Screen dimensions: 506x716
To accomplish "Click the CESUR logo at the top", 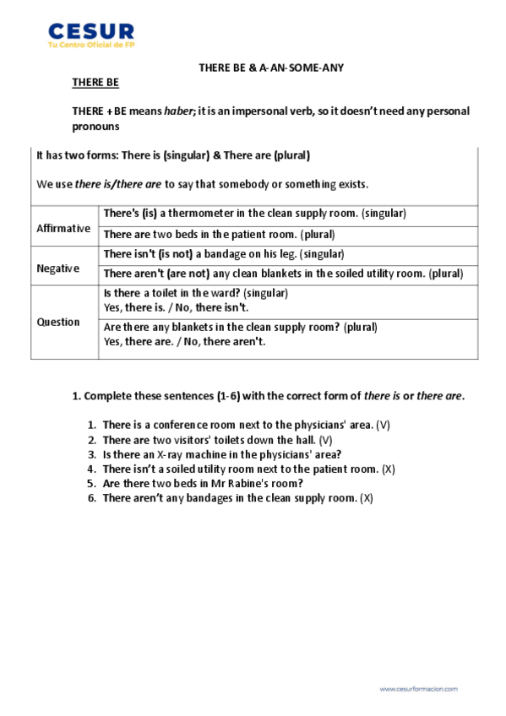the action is (x=91, y=30).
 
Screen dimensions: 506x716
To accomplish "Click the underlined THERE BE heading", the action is (x=95, y=83).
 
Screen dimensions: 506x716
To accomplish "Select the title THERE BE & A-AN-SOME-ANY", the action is (x=270, y=67).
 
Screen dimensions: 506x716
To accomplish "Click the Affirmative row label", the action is (x=63, y=228).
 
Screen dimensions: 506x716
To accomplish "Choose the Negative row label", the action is (x=58, y=268).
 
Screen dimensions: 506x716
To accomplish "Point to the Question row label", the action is (x=58, y=322).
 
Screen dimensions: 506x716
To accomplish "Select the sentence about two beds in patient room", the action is (x=219, y=235).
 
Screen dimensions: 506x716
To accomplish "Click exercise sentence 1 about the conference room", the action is (x=237, y=425).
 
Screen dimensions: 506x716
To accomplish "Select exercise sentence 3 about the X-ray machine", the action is (x=221, y=454).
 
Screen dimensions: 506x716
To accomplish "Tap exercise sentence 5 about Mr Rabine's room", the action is (x=202, y=484).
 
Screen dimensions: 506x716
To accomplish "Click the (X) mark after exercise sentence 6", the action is (x=366, y=498).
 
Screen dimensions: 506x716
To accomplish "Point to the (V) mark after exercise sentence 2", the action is (x=326, y=440).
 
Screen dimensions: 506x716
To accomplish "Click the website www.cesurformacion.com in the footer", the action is (x=418, y=689).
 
